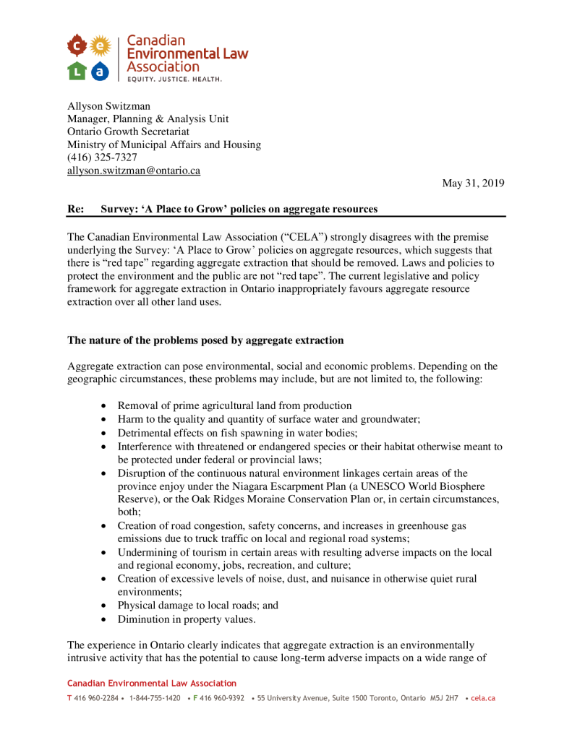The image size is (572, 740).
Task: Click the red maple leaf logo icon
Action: pos(77,46)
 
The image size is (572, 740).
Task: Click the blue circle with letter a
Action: pos(100,70)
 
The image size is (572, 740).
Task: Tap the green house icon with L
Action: pos(77,70)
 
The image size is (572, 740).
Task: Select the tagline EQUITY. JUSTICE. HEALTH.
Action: pos(174,79)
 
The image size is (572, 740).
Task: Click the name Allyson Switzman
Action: pos(108,106)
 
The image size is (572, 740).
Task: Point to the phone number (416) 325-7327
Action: pos(102,158)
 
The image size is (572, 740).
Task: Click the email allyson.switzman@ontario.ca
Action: pos(134,171)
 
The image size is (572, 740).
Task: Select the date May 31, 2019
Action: pos(473,184)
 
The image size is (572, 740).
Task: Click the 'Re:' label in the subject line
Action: pos(75,209)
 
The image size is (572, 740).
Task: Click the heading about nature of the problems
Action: pos(205,340)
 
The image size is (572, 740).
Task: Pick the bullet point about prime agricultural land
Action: pos(234,405)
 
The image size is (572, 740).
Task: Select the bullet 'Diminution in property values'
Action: pos(187,619)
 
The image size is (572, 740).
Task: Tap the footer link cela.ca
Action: pos(482,698)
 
